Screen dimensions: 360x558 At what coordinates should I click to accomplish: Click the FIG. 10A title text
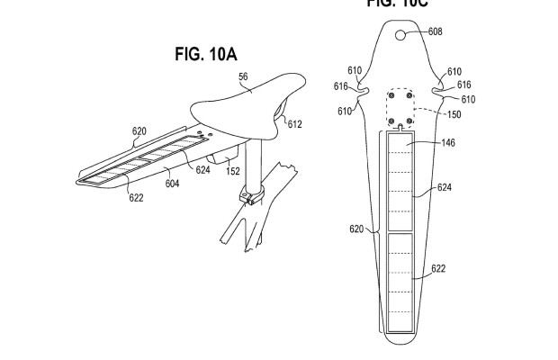205,55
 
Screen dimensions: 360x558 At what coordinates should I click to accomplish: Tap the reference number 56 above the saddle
242,78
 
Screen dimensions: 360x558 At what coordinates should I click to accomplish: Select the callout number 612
295,124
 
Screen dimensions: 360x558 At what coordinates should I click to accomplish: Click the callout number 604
172,183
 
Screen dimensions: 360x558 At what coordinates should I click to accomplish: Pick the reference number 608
435,32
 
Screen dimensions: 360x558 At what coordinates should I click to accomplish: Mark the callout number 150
453,114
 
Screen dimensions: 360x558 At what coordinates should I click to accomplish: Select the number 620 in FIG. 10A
139,130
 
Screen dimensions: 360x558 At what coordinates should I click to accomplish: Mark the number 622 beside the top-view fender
438,269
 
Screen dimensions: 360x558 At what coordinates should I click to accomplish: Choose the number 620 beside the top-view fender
356,229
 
